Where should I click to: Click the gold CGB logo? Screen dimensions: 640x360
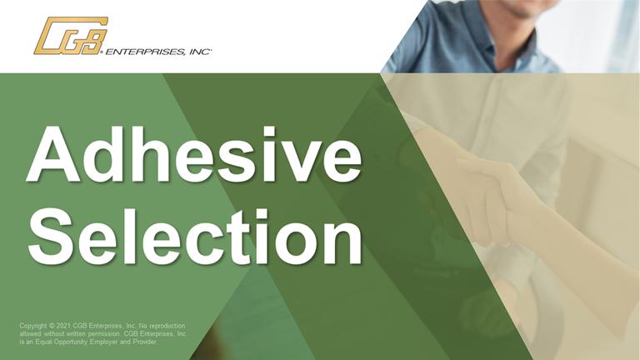pyautogui.click(x=71, y=36)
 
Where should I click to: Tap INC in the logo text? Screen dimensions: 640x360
pyautogui.click(x=200, y=52)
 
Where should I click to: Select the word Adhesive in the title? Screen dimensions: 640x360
pyautogui.click(x=194, y=154)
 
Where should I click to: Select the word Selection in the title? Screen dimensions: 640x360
pyautogui.click(x=195, y=236)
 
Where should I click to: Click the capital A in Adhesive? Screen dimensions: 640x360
pyautogui.click(x=53, y=154)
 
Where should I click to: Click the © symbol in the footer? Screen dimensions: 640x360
pyautogui.click(x=52, y=326)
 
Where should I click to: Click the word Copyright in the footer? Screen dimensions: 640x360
pyautogui.click(x=33, y=326)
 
